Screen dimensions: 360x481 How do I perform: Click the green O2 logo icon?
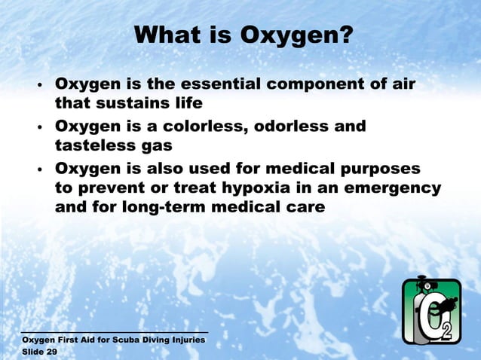[430, 310]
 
